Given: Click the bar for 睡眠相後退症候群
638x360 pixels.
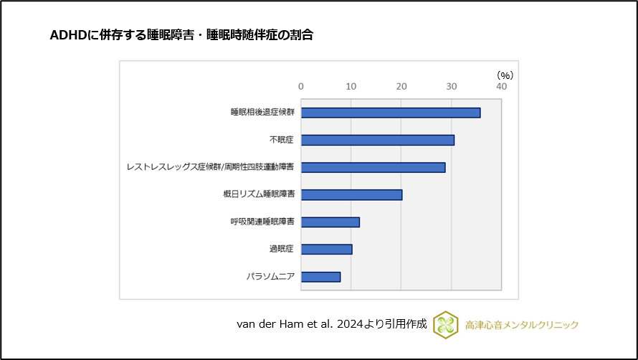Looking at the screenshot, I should coord(391,113).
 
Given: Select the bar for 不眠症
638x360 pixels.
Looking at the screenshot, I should coord(377,140).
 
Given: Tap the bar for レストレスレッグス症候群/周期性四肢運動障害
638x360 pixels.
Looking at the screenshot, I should coord(373,167).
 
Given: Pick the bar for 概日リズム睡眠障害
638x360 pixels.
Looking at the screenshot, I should coord(351,194).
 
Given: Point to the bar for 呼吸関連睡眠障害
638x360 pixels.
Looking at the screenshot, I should coord(330,222).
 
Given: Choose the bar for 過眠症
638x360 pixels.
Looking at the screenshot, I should coord(326,250).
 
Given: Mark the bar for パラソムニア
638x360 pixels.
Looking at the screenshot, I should coord(320,277).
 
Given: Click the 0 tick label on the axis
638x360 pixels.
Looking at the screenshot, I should coord(301,87).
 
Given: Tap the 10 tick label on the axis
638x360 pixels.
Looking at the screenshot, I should coord(351,87).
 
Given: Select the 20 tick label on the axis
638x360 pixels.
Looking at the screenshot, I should coord(401,87).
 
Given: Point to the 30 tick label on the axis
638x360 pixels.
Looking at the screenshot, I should coord(452,87).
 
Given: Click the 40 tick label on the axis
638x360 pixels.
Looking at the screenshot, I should coord(501,87).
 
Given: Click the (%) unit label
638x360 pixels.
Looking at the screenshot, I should coord(505,75).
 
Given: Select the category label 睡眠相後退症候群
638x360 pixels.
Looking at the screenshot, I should coord(262,113).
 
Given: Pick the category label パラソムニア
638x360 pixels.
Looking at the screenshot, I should coord(270,277).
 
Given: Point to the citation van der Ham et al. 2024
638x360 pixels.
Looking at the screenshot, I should coord(301,325).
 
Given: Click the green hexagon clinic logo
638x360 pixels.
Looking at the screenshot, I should coord(445,325).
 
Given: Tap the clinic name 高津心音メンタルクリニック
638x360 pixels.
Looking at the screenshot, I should coord(521,325).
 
